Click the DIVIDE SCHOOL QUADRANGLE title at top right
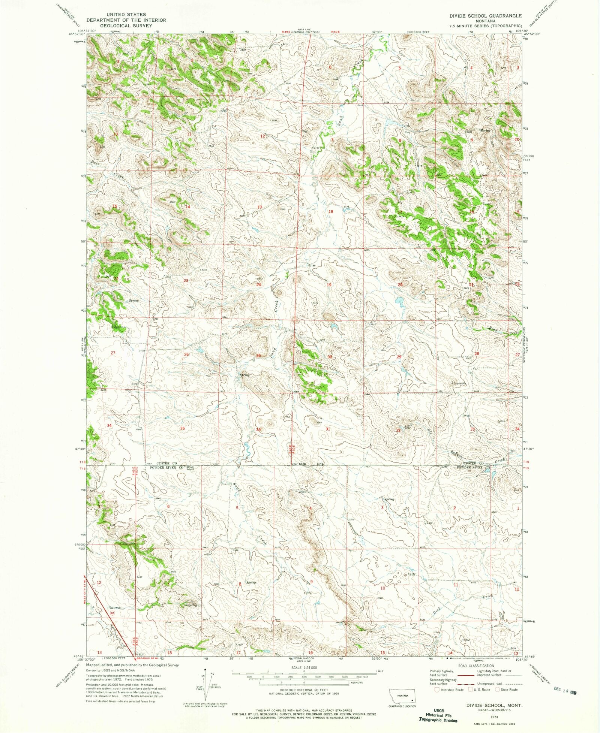pyautogui.click(x=486, y=16)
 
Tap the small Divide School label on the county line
pyautogui.click(x=190, y=468)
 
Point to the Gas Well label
pyautogui.click(x=115, y=608)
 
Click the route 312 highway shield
pyautogui.click(x=112, y=613)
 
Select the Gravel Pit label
pyautogui.click(x=459, y=384)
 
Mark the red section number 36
pyautogui.click(x=258, y=429)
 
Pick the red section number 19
pyautogui.click(x=329, y=285)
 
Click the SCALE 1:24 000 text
pyautogui.click(x=304, y=668)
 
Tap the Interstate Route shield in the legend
pyautogui.click(x=437, y=690)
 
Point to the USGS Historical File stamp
pyautogui.click(x=438, y=715)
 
